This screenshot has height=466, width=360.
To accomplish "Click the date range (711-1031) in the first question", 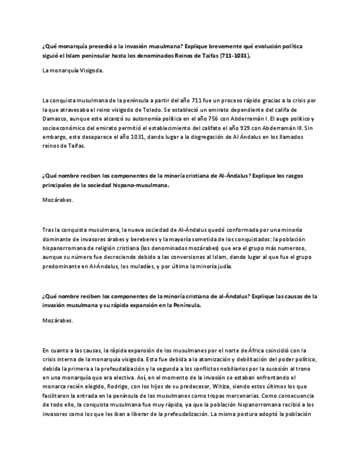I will point(235,56).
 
